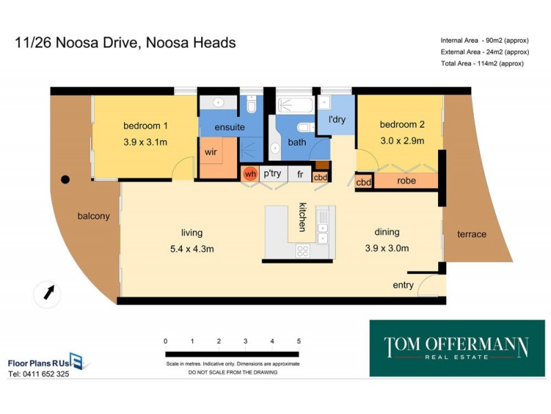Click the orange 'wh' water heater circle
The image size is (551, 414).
[250, 175]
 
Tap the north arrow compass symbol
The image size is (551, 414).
[48, 293]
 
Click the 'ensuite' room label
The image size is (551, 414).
[229, 127]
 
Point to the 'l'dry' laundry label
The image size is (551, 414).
[337, 120]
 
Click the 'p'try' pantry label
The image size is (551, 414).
[271, 175]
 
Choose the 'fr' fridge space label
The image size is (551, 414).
[300, 175]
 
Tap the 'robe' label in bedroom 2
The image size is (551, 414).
[406, 181]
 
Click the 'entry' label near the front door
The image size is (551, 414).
[403, 285]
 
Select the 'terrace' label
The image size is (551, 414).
[472, 234]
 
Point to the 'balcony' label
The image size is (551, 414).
[93, 216]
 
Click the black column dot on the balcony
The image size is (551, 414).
[65, 179]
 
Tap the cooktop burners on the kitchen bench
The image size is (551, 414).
[303, 251]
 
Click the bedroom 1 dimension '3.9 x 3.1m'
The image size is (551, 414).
[145, 141]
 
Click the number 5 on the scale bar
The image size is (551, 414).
[298, 341]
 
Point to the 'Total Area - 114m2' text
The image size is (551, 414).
[482, 63]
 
